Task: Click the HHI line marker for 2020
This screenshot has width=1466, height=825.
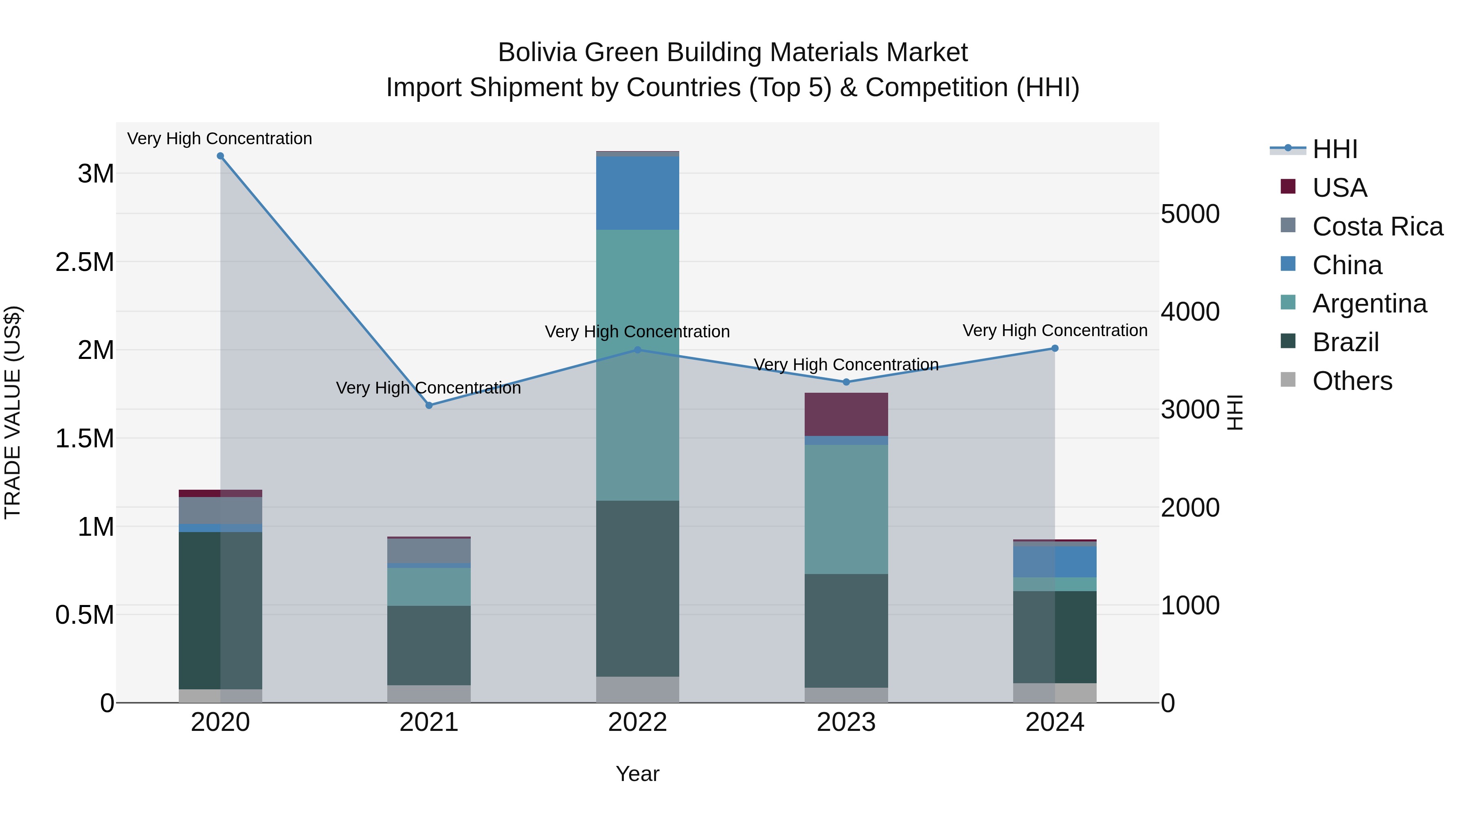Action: point(220,156)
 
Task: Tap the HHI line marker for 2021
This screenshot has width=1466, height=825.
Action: point(429,405)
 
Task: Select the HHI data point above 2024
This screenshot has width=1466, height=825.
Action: point(1055,348)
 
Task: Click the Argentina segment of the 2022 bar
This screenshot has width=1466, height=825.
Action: point(637,364)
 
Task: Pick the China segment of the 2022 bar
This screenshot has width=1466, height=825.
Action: point(637,193)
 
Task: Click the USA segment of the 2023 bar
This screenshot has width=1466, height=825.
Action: point(846,414)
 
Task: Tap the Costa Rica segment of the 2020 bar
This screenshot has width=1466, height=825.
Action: point(220,510)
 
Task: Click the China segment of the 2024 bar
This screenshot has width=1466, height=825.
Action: point(1055,562)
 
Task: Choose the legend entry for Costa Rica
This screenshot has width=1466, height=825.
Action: point(1377,226)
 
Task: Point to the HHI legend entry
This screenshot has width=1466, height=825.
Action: point(1334,149)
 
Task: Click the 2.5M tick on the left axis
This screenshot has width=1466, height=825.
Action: point(85,262)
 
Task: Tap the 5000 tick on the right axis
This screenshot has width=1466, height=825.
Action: point(1190,214)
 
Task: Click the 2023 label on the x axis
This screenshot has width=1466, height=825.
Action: point(846,722)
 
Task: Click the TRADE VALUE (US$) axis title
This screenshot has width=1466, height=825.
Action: point(13,412)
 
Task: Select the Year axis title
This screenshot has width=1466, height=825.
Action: point(637,774)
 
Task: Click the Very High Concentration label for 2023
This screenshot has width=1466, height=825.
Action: point(846,364)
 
